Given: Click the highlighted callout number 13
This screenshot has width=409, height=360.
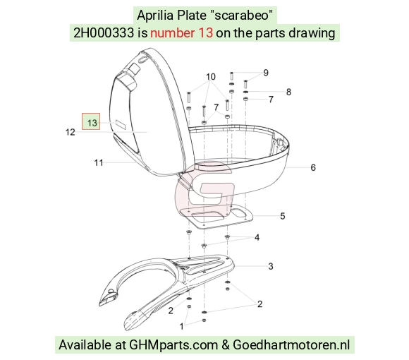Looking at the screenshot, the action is pyautogui.click(x=92, y=123).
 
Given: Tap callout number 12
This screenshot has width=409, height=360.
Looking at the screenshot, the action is pyautogui.click(x=71, y=132).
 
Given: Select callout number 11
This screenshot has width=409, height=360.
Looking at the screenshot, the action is pyautogui.click(x=99, y=163).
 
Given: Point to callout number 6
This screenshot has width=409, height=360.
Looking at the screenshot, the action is pyautogui.click(x=313, y=167).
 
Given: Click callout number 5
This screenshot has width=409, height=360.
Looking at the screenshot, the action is pyautogui.click(x=283, y=216).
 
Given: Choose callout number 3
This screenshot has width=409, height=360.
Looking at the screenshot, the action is pyautogui.click(x=271, y=266).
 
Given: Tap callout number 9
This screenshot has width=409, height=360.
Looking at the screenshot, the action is pyautogui.click(x=266, y=73).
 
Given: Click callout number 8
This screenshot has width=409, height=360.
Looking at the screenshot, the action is pyautogui.click(x=288, y=92).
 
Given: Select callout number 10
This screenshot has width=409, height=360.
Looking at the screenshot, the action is pyautogui.click(x=211, y=77).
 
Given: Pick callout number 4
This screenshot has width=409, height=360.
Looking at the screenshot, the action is pyautogui.click(x=257, y=238).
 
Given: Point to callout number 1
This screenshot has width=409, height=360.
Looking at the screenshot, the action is pyautogui.click(x=181, y=326).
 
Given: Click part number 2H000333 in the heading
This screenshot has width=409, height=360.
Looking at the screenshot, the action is pyautogui.click(x=104, y=33).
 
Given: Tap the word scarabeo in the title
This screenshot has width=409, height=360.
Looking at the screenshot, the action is pyautogui.click(x=242, y=15).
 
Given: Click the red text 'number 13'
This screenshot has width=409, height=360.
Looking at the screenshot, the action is pyautogui.click(x=181, y=33).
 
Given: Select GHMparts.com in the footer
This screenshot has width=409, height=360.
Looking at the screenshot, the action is pyautogui.click(x=173, y=345).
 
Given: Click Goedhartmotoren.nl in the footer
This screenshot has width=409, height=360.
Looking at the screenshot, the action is pyautogui.click(x=291, y=345).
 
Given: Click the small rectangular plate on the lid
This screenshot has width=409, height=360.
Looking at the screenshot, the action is pyautogui.click(x=121, y=125).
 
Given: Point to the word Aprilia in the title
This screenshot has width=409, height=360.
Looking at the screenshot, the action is pyautogui.click(x=155, y=15).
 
